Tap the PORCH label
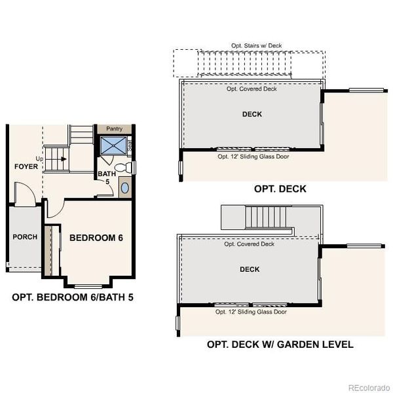25,236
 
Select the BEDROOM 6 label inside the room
96,237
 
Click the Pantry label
114,129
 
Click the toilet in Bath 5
128,168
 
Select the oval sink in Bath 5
125,188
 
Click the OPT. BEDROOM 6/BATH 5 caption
73,297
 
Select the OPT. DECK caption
280,189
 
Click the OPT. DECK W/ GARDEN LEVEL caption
280,344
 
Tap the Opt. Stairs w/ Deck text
252,46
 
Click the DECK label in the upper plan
252,114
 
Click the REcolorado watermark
367,386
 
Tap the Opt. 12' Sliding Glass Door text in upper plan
253,157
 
